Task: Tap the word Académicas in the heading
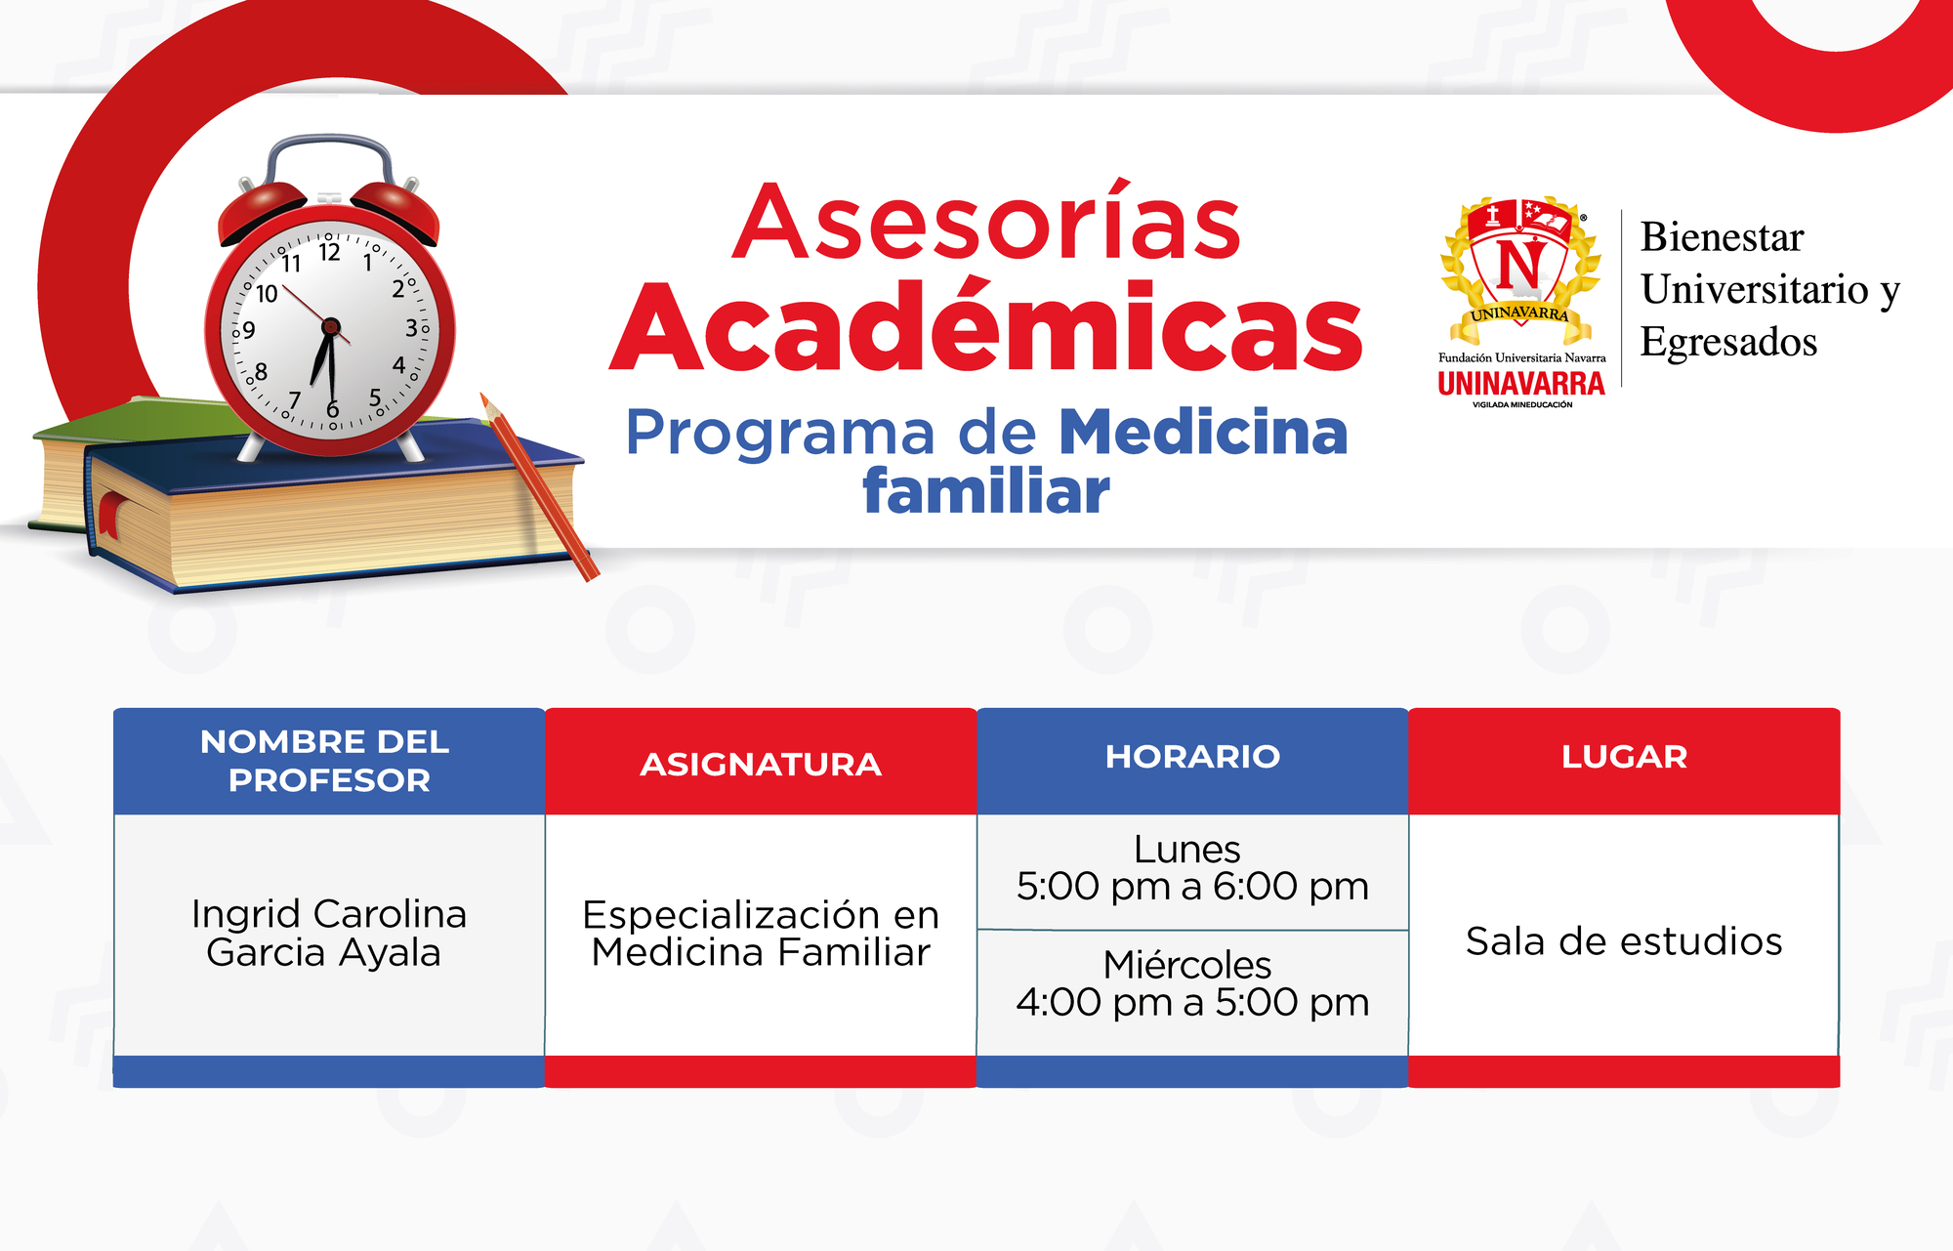986,326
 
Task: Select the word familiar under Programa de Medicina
986,491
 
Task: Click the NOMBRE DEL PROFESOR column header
328,761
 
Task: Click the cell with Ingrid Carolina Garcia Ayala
328,934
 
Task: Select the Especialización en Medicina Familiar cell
761,934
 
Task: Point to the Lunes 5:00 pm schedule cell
1192,870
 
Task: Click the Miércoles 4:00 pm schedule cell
1192,992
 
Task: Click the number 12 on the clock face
329,253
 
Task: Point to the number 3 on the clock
411,328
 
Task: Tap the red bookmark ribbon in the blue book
109,515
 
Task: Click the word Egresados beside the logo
1728,343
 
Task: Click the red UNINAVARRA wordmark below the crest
1521,383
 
